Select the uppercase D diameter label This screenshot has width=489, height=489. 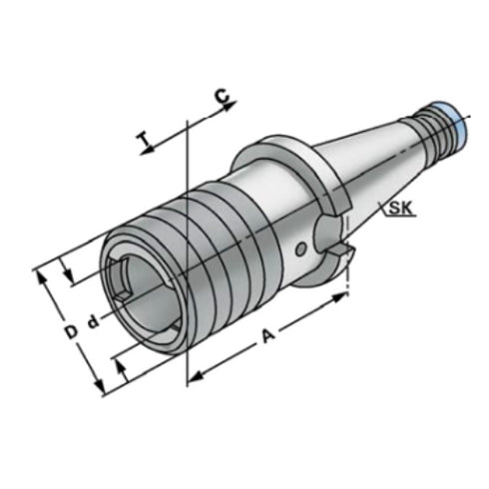70,328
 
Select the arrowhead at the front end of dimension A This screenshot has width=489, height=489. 194,377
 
